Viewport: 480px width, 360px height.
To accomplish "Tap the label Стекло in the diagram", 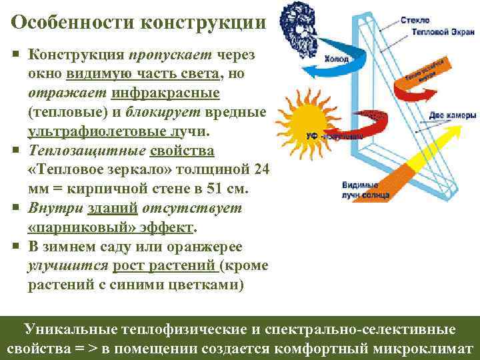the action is [x=415, y=21].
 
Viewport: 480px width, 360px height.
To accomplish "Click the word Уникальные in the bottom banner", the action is [x=71, y=329].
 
